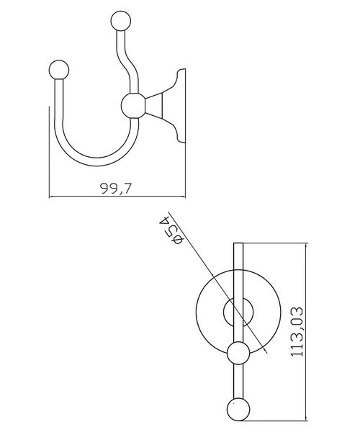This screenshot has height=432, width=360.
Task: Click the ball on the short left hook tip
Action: click(x=58, y=70)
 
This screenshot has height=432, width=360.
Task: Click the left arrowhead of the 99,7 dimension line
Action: click(x=51, y=197)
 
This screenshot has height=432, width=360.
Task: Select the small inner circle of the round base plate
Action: click(x=238, y=313)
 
